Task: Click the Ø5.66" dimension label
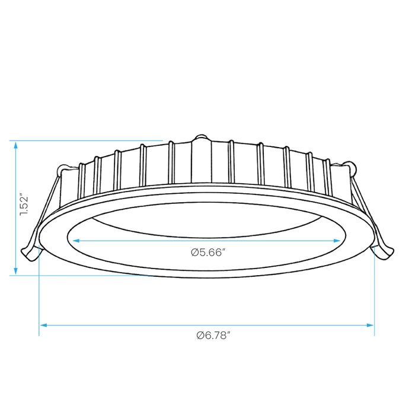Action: (207, 252)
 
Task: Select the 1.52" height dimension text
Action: (24, 206)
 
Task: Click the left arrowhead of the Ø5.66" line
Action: (76, 241)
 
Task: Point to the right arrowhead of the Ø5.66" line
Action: (337, 241)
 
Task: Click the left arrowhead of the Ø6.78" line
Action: (43, 325)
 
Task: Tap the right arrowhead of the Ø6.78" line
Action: (370, 325)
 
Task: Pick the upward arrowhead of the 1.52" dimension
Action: (15, 145)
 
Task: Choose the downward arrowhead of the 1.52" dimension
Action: (15, 271)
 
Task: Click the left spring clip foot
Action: (30, 254)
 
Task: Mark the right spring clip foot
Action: (383, 253)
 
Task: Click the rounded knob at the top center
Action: (202, 138)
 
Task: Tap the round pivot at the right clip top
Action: (351, 168)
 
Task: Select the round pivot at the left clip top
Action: (62, 169)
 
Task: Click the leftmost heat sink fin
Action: (82, 181)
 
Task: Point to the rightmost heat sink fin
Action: (327, 177)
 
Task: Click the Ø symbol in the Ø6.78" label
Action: (200, 336)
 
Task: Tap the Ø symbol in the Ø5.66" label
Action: (194, 253)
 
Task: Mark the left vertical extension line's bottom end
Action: (39, 336)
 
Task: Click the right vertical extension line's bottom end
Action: (374, 336)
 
